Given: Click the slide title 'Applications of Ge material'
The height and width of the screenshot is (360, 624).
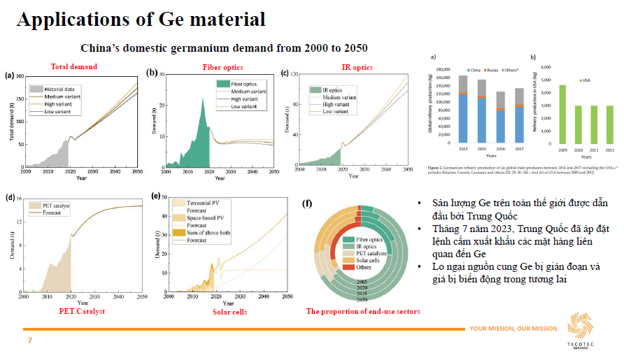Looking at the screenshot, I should [141, 19].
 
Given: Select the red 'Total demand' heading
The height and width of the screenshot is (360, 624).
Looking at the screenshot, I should [73, 67].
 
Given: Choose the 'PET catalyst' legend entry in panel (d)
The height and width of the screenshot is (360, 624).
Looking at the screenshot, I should [50, 206].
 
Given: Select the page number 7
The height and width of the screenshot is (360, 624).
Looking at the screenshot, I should [29, 340].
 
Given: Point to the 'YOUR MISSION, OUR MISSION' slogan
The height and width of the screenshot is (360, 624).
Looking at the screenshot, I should [513, 329].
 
